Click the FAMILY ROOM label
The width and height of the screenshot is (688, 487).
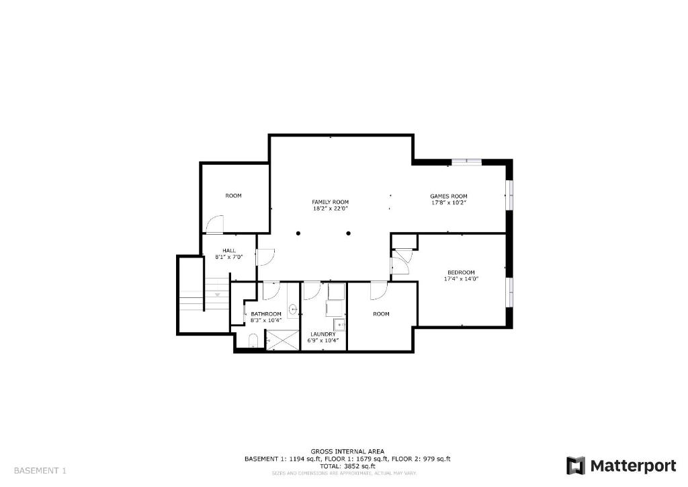tap(331, 202)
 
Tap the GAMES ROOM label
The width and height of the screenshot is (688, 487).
tap(448, 196)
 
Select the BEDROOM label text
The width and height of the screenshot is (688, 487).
tap(461, 272)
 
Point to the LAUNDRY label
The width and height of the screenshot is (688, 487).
tap(323, 334)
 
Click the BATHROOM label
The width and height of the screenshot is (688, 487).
tap(266, 314)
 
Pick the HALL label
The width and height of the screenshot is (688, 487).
tap(228, 251)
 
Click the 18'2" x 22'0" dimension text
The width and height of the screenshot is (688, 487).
tap(331, 209)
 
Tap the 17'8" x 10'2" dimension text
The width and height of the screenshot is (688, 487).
tap(448, 203)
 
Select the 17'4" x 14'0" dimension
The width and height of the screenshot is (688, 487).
tap(461, 278)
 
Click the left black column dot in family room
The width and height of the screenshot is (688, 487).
tap(298, 233)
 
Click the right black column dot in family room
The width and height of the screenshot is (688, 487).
tap(349, 233)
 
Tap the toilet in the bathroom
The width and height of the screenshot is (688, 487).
tap(253, 341)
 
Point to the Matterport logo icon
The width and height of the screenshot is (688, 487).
tap(576, 465)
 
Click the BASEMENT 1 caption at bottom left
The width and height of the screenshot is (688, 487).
tap(40, 471)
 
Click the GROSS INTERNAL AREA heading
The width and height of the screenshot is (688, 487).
tap(347, 451)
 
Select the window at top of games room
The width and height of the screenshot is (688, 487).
tap(467, 161)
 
